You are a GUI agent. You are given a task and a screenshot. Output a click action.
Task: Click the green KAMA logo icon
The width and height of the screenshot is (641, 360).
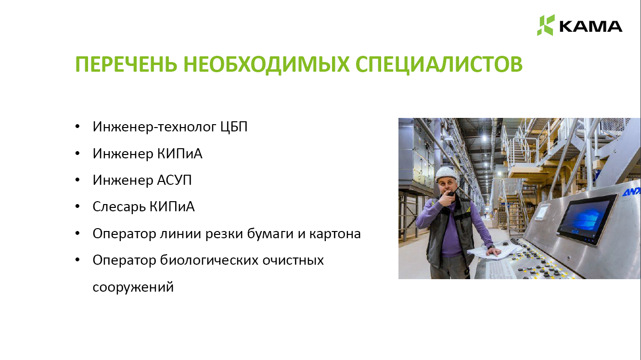click(x=546, y=25)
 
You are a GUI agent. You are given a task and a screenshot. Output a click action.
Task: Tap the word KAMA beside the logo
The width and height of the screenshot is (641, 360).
click(x=590, y=26)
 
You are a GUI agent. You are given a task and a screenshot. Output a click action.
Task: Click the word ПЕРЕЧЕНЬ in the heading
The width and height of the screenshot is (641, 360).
click(x=126, y=64)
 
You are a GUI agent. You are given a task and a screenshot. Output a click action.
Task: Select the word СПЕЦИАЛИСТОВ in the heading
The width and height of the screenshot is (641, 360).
click(x=439, y=64)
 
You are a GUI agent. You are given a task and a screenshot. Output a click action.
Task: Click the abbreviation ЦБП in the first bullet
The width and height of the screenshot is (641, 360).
click(x=234, y=127)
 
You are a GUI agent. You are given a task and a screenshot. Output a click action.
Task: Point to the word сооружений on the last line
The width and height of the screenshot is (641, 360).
click(x=133, y=287)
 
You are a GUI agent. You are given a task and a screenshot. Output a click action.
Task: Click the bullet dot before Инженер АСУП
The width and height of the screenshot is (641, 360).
click(x=77, y=180)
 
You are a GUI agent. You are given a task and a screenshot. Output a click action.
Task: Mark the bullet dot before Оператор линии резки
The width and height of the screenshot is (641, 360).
click(x=77, y=233)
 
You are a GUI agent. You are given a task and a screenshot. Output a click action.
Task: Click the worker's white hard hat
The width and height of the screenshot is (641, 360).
click(x=445, y=174)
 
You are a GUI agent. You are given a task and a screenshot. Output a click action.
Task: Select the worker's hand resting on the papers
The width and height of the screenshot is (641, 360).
click(x=492, y=252)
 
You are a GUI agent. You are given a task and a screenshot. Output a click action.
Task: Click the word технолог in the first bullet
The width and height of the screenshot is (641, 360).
click(x=187, y=127)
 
